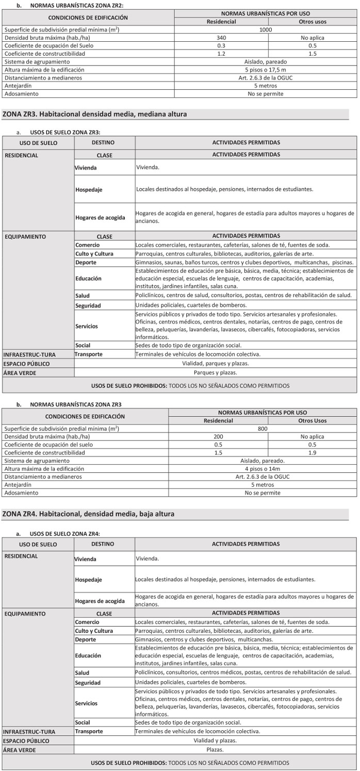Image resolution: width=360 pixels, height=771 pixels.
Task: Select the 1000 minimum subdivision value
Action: point(265,30)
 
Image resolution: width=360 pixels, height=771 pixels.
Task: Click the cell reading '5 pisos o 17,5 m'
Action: point(265,70)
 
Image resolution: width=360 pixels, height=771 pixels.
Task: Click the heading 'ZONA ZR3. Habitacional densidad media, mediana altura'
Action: point(95,114)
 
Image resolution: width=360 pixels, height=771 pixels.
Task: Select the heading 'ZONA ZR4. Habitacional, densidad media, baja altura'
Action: point(89,514)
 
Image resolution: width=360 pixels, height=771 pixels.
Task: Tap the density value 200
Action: point(218,436)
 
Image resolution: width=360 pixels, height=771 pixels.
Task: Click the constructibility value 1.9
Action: point(312,452)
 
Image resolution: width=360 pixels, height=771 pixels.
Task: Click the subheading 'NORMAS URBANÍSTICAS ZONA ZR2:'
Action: point(77,5)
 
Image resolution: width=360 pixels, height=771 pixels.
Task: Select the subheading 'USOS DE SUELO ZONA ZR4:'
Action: point(65,533)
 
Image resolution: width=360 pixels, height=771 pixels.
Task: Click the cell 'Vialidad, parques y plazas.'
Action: point(215,363)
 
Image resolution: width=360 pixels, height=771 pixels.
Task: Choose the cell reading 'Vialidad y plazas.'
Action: point(215,740)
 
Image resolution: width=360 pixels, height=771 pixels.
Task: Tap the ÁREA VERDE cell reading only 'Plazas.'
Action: point(215,749)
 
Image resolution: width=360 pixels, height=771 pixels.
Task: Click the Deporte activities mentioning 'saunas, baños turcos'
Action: point(244,262)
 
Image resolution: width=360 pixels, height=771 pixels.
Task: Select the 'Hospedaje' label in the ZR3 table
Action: point(89,189)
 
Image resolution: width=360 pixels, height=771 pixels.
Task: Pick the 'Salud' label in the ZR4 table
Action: point(82,672)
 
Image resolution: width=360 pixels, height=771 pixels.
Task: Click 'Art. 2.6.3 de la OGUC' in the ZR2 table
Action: point(265,77)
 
